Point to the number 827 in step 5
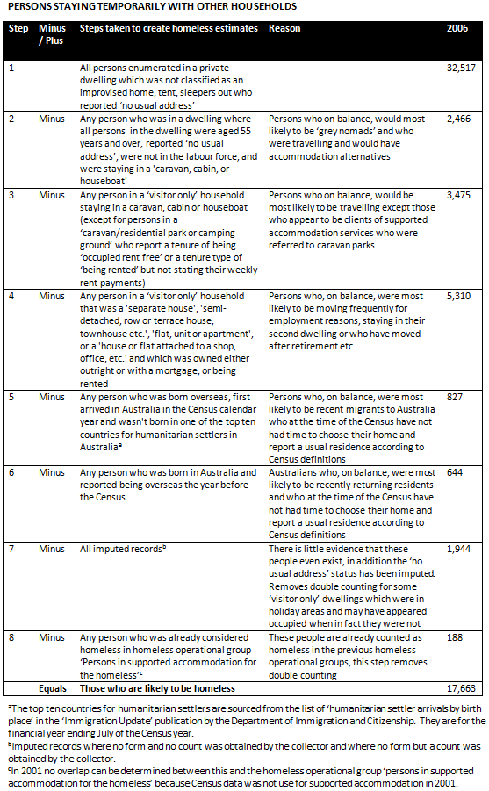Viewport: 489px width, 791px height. tap(455, 397)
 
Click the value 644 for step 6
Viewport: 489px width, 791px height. tap(455, 472)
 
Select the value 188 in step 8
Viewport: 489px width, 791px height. tap(454, 637)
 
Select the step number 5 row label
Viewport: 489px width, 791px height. tap(11, 397)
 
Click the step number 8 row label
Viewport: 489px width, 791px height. tap(11, 637)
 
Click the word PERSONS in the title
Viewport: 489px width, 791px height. tap(28, 6)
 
